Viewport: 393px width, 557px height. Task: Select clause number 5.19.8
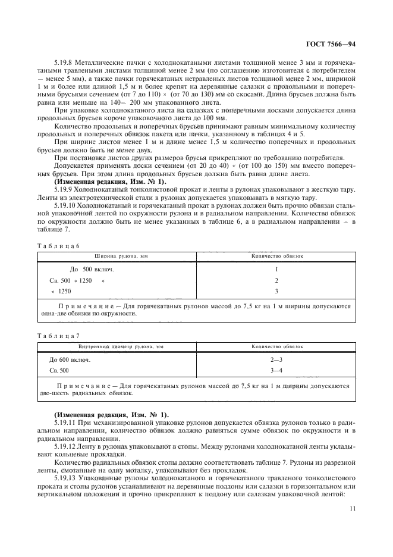coord(63,62)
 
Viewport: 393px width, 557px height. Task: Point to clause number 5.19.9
coord(63,189)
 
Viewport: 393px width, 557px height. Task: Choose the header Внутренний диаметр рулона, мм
coord(121,346)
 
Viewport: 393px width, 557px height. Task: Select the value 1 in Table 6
coord(276,269)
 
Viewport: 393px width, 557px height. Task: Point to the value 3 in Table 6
coord(276,291)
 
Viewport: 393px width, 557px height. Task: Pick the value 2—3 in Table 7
coord(276,360)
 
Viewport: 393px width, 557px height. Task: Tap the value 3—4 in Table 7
coord(276,371)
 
